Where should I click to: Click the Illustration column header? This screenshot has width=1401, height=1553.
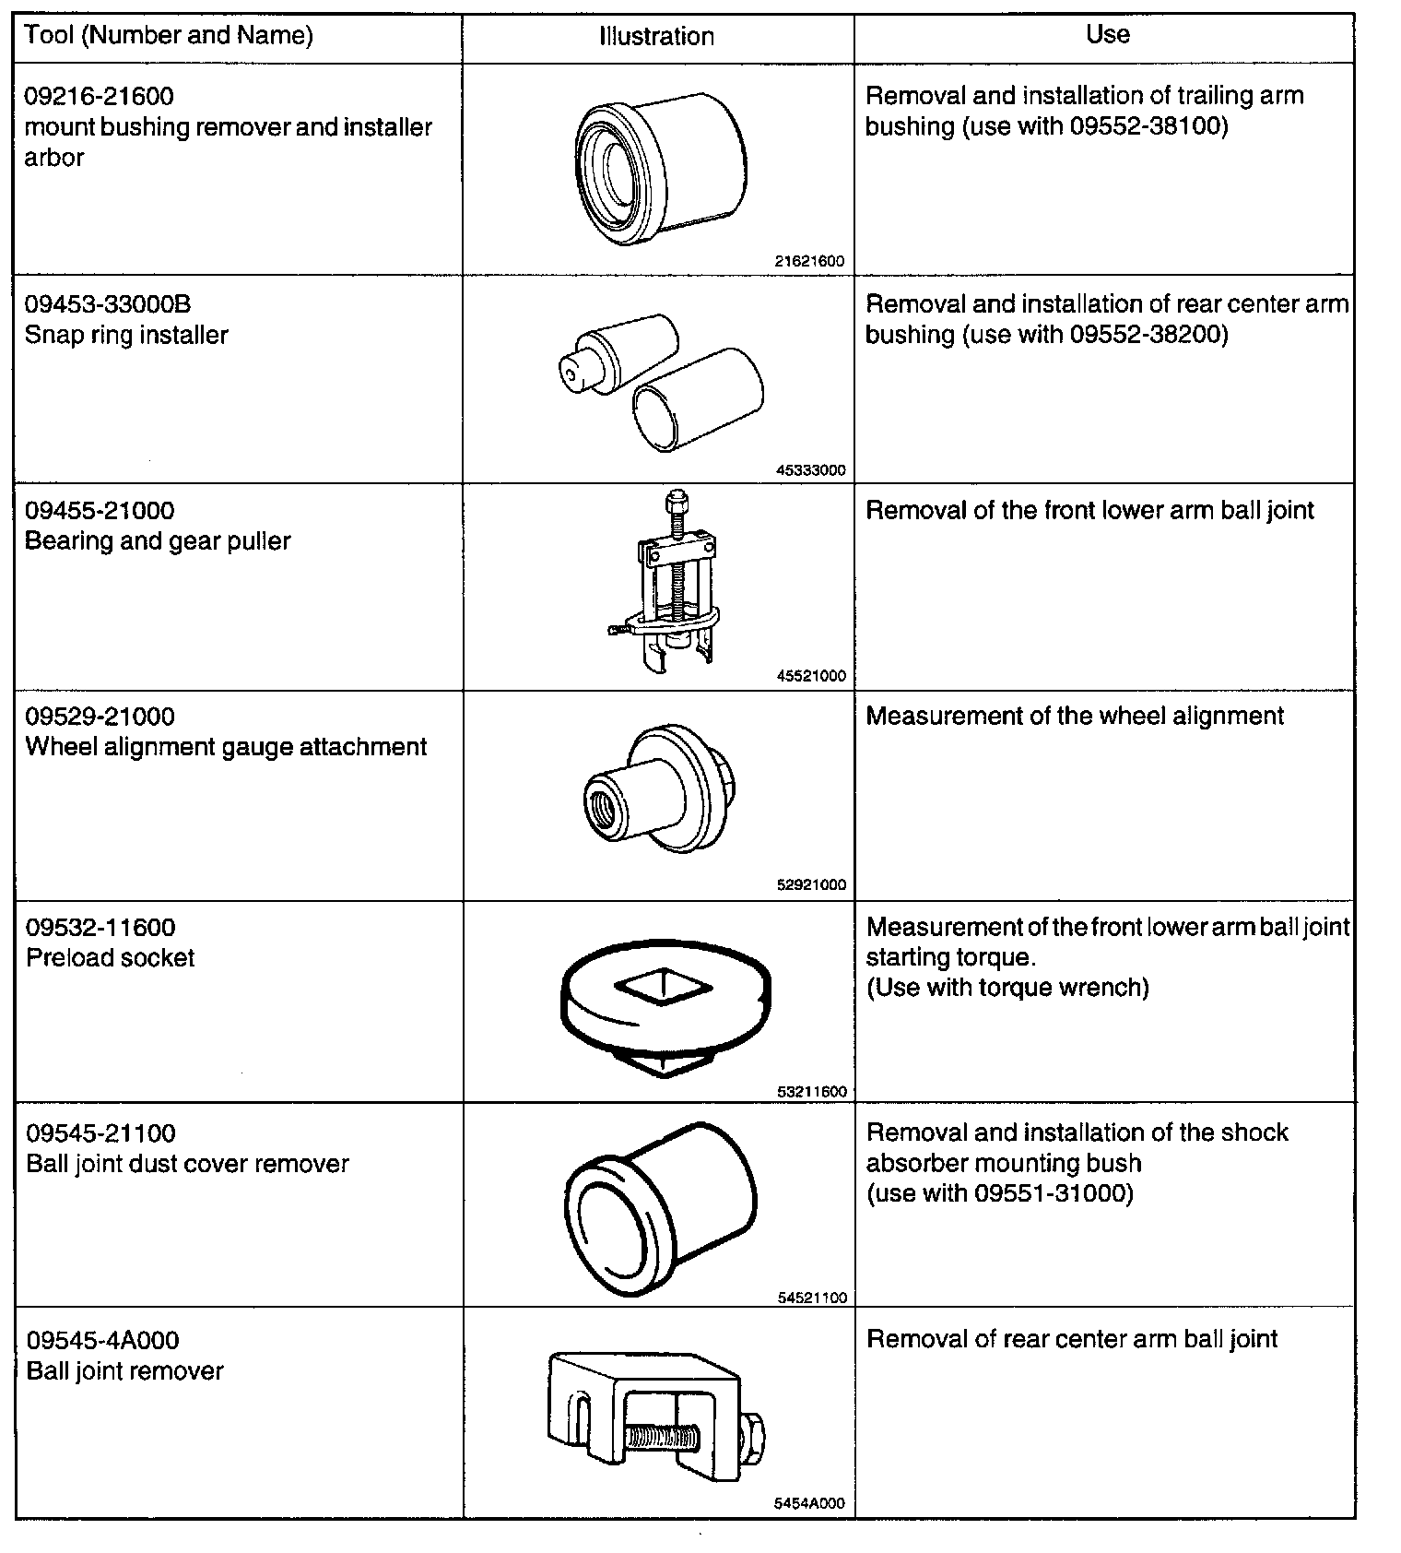point(656,37)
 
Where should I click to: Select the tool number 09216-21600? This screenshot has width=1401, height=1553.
point(99,96)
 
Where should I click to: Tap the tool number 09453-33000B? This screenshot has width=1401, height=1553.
point(108,304)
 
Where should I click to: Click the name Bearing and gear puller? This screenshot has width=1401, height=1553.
point(158,541)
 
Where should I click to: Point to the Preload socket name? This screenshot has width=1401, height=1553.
point(110,958)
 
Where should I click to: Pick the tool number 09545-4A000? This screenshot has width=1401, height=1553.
point(102,1340)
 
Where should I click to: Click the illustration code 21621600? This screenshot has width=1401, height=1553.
point(810,262)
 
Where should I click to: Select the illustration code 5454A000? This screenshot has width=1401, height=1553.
point(809,1503)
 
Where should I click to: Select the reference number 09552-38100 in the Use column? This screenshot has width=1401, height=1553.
point(1149,127)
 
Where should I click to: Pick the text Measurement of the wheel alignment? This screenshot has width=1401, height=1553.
point(1075,717)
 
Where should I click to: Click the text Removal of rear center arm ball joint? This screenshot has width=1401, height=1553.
point(1072,1340)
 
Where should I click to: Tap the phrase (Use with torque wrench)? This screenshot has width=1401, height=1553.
point(1007,988)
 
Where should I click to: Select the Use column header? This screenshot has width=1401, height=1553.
point(1107,35)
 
